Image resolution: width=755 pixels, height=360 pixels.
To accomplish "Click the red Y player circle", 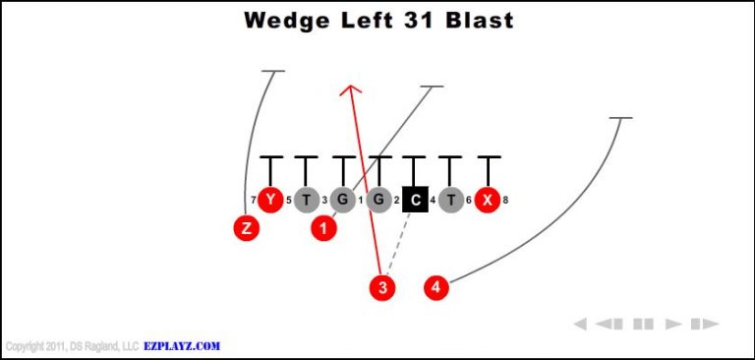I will (x=269, y=200).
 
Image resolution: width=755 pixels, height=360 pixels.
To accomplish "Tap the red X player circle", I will (x=487, y=200).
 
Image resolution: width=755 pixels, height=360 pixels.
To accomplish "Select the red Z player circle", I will (x=246, y=228).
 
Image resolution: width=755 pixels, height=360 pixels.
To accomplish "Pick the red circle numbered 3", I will (x=382, y=287).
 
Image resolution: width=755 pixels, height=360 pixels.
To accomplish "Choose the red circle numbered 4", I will (x=436, y=287).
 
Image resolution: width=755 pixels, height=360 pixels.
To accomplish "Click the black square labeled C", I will (x=415, y=200).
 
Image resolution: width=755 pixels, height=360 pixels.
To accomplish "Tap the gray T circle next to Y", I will (x=306, y=200).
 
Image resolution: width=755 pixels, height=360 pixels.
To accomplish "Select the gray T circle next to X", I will (x=450, y=200).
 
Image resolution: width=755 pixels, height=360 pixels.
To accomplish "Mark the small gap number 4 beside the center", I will (x=433, y=201).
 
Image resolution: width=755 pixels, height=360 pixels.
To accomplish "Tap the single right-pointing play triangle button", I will (x=674, y=324).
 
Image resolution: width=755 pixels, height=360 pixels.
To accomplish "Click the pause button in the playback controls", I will (x=643, y=324).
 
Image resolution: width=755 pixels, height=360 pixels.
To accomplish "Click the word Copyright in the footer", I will (x=26, y=346).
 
